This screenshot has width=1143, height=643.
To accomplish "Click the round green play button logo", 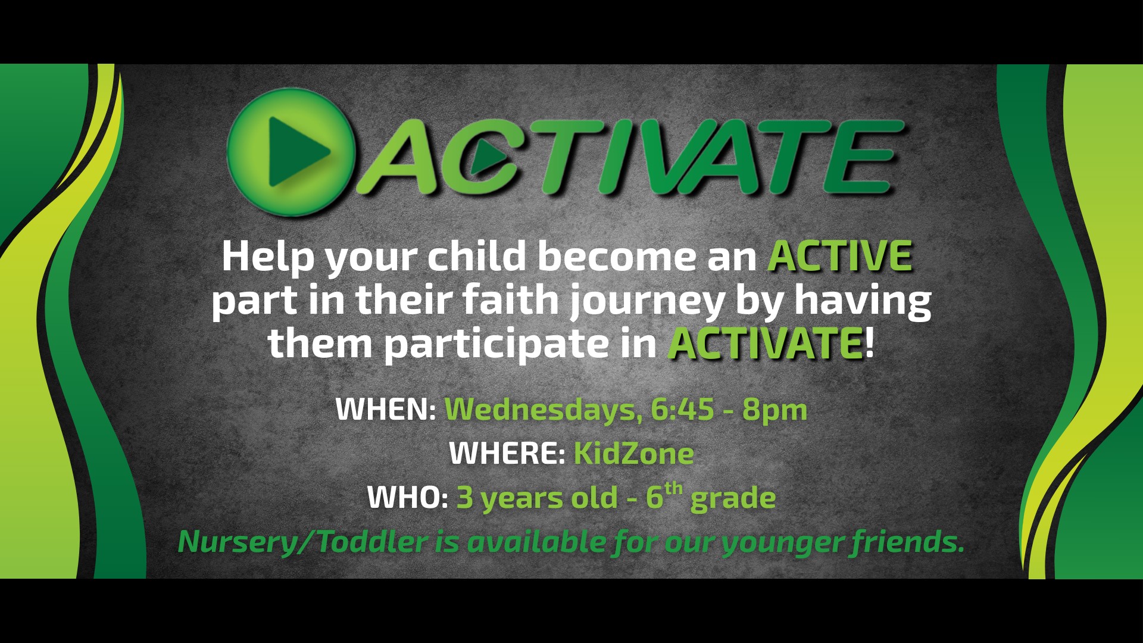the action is (x=291, y=152).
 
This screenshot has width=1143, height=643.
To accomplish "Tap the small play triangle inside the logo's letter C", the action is (x=488, y=157).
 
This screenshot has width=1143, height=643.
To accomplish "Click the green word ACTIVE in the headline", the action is (x=840, y=256).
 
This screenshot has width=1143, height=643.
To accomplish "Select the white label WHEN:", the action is (x=386, y=409).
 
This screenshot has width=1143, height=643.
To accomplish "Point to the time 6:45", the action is (x=682, y=409).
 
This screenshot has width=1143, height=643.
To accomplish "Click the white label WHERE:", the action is (x=507, y=453).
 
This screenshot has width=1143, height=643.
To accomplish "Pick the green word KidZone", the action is (x=633, y=453).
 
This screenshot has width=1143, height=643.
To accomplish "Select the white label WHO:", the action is (x=407, y=497).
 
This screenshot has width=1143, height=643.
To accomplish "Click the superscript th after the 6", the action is (x=673, y=489).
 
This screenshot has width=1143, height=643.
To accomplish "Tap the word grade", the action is (x=733, y=499).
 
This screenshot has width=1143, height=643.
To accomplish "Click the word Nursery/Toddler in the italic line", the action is (x=302, y=542).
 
